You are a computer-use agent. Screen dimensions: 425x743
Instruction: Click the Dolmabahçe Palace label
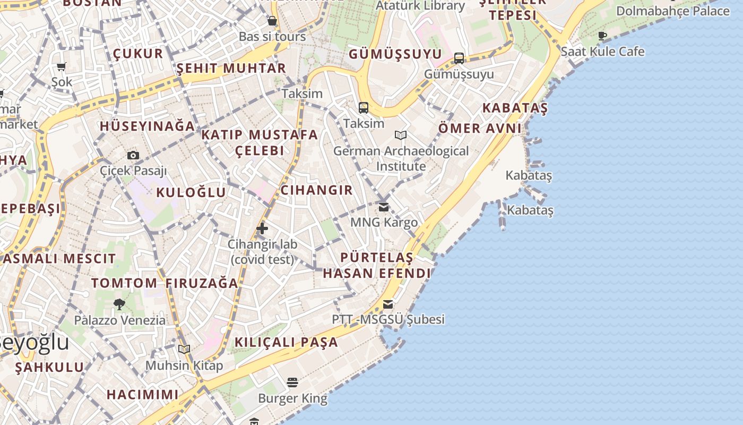click(673, 11)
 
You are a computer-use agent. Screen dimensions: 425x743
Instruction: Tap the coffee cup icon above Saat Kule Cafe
click(602, 36)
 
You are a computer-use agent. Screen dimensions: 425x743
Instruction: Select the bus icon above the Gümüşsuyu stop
click(459, 58)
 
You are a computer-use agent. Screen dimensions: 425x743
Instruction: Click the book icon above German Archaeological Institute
click(401, 135)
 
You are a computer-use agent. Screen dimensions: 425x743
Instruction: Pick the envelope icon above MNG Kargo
click(384, 207)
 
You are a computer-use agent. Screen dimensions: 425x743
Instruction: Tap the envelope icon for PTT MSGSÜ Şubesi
click(388, 304)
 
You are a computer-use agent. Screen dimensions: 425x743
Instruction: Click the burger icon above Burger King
click(292, 382)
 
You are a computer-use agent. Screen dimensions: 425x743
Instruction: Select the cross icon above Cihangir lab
click(262, 229)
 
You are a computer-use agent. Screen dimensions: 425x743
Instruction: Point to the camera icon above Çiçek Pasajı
click(133, 155)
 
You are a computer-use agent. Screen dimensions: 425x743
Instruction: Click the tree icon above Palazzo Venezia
click(119, 304)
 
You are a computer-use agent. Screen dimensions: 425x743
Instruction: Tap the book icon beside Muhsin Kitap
click(184, 350)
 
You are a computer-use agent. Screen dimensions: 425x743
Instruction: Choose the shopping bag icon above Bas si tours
click(272, 21)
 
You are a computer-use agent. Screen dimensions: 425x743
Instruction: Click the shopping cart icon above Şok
click(62, 66)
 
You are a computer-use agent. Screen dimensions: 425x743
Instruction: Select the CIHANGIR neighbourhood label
click(316, 190)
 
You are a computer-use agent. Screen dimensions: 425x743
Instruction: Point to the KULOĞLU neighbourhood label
click(191, 192)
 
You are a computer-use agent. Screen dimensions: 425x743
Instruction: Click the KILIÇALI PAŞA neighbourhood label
click(286, 342)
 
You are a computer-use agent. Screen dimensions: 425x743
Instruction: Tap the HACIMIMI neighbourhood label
click(143, 395)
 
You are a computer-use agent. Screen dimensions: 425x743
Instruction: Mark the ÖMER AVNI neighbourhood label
click(480, 129)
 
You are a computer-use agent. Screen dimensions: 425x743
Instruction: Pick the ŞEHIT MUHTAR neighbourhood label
click(231, 69)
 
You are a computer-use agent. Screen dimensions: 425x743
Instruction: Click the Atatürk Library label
click(420, 6)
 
